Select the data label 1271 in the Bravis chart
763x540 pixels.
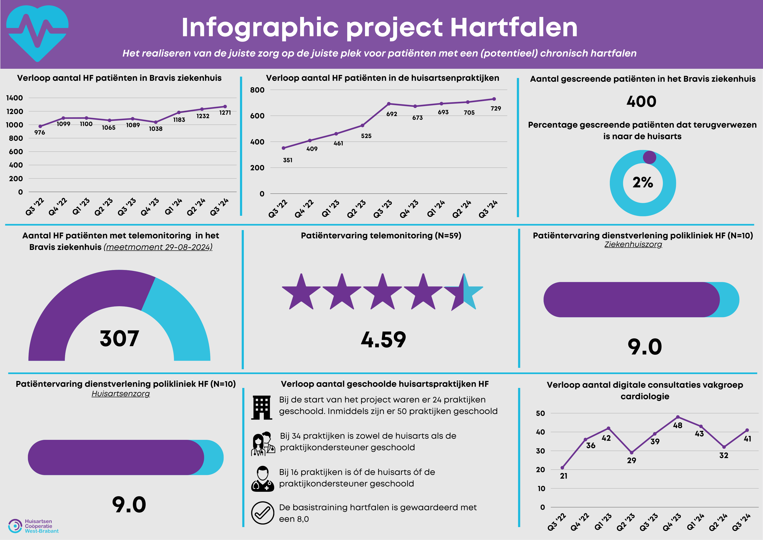coord(225,113)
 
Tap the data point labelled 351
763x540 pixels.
coord(283,148)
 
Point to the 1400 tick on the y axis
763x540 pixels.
coord(15,98)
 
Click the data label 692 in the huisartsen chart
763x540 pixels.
coord(392,114)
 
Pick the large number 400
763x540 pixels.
coord(641,101)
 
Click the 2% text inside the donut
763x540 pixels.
coord(643,182)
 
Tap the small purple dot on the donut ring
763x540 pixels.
coord(649,157)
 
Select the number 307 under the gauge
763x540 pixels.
coord(119,339)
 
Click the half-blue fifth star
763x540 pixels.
coord(464,292)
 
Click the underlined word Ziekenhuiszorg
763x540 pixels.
coord(633,244)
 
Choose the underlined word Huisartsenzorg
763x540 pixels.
coord(121,394)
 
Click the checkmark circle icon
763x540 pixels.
coord(263,513)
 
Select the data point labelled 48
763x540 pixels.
coord(678,417)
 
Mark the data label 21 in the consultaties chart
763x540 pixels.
coord(563,476)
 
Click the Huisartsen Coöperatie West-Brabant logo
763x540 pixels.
coord(33,526)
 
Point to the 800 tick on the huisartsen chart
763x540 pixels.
coord(257,90)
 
